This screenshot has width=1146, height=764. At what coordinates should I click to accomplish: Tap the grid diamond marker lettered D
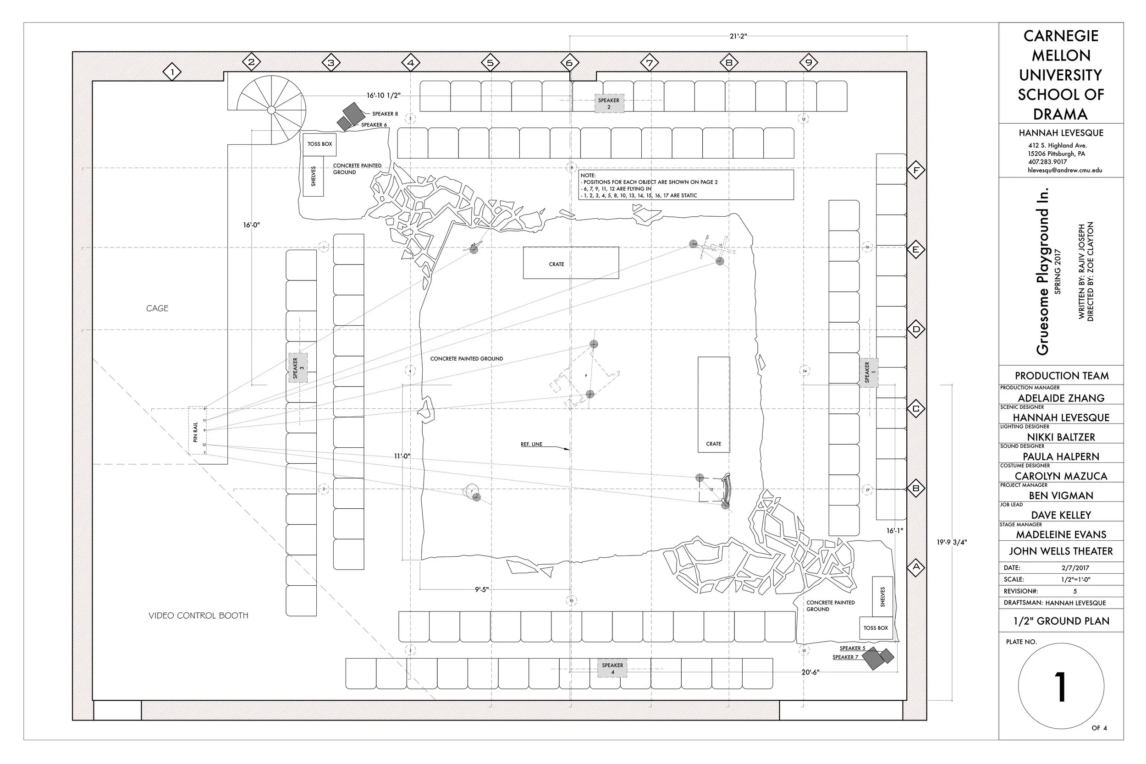click(916, 330)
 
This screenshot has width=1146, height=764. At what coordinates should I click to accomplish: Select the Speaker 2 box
click(609, 103)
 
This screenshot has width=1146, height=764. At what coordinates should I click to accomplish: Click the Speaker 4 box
click(612, 668)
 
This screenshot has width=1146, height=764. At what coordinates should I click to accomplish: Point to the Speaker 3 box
click(298, 368)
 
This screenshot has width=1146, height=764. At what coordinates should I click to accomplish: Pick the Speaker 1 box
click(869, 372)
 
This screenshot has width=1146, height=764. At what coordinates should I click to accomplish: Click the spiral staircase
click(271, 108)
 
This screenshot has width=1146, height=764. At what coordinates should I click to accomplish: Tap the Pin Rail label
click(196, 431)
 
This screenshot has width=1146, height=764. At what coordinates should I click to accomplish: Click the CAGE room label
click(157, 308)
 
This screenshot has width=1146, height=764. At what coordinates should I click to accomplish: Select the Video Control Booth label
click(198, 616)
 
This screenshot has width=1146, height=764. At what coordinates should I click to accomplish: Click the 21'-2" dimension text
click(738, 37)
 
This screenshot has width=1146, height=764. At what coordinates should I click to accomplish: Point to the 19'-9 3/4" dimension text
click(952, 542)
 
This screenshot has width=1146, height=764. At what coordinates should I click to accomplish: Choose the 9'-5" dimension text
click(481, 589)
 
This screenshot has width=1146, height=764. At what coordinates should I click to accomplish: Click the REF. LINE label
click(531, 445)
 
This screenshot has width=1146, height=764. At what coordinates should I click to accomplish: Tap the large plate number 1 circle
click(1061, 686)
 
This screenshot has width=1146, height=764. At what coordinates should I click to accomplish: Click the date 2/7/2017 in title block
click(1075, 568)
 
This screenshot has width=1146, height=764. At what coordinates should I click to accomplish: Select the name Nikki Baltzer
click(1061, 437)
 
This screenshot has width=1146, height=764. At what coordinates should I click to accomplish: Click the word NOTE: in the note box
click(588, 176)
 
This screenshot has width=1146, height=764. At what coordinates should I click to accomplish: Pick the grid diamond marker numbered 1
click(172, 72)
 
